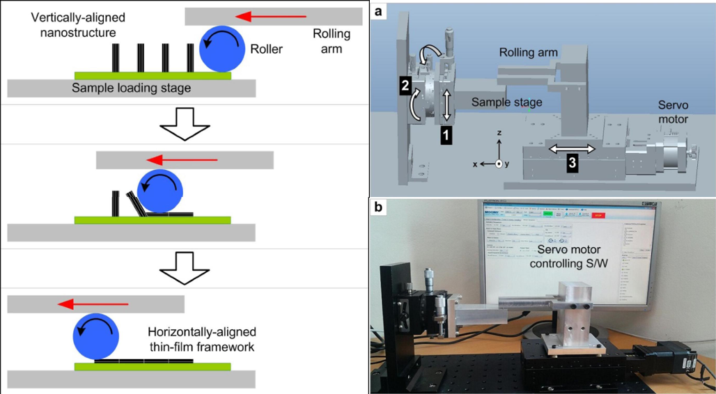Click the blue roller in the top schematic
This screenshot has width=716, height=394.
222,49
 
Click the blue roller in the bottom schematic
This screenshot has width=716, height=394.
97,337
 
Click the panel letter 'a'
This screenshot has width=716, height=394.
378,12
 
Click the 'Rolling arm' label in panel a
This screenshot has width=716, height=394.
529,54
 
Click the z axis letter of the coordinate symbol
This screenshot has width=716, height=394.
499,132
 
